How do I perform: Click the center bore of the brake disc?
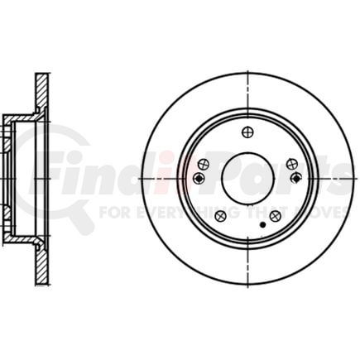pos(247,178)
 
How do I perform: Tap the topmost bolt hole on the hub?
pos(247,132)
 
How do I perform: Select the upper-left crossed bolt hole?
pos(204,164)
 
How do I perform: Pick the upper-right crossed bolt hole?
pos(291,164)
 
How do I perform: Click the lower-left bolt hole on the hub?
pos(220,215)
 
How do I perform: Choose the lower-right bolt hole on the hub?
pos(275,215)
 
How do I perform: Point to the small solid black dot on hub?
pos(262,224)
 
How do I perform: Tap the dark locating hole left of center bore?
pos(199,178)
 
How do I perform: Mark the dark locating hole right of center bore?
pos(296,177)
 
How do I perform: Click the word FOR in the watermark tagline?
pos(112,212)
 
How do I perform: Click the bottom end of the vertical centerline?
pos(247,286)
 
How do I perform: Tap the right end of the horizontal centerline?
pos(355,178)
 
